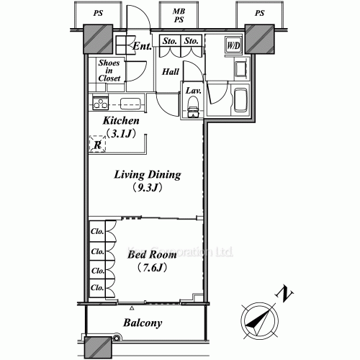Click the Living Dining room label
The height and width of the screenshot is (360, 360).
148,175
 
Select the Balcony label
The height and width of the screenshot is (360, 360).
143,323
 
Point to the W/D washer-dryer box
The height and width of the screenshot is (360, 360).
233,47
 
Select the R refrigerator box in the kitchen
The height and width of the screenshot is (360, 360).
97,144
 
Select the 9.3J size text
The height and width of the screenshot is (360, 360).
148,189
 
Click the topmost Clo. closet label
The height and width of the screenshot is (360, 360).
97,232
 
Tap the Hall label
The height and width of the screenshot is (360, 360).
169,71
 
